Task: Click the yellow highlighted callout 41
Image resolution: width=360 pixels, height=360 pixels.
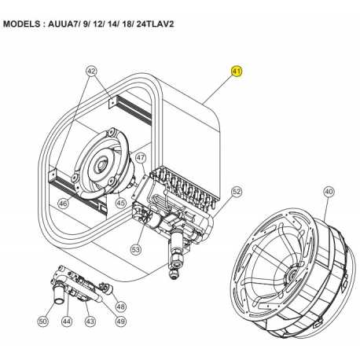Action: coord(237,71)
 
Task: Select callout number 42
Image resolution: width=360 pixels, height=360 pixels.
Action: coord(91,71)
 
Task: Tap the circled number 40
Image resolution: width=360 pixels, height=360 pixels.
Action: coord(329,192)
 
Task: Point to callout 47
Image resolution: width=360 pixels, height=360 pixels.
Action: coord(141,157)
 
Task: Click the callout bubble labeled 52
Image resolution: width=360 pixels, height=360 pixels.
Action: coord(237,192)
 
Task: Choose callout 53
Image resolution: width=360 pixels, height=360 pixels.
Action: coord(136,249)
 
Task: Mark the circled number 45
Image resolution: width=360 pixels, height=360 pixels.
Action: coord(121,203)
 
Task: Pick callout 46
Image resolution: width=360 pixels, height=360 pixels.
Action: coord(63,204)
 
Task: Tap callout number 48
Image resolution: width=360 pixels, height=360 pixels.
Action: coord(120,306)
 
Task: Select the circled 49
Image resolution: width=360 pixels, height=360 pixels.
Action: coord(120,321)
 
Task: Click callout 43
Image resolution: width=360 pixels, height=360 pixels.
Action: coord(90,321)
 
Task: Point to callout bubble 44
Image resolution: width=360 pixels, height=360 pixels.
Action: coord(67,321)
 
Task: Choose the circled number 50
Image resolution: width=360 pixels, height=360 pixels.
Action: coord(43,321)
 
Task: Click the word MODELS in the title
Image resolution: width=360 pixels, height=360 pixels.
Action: coord(22,24)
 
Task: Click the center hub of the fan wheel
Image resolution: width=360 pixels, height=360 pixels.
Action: coord(289,275)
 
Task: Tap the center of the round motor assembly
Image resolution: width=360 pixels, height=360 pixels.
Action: coord(101,165)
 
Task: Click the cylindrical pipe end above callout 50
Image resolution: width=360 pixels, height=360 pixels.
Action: coord(60,296)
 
